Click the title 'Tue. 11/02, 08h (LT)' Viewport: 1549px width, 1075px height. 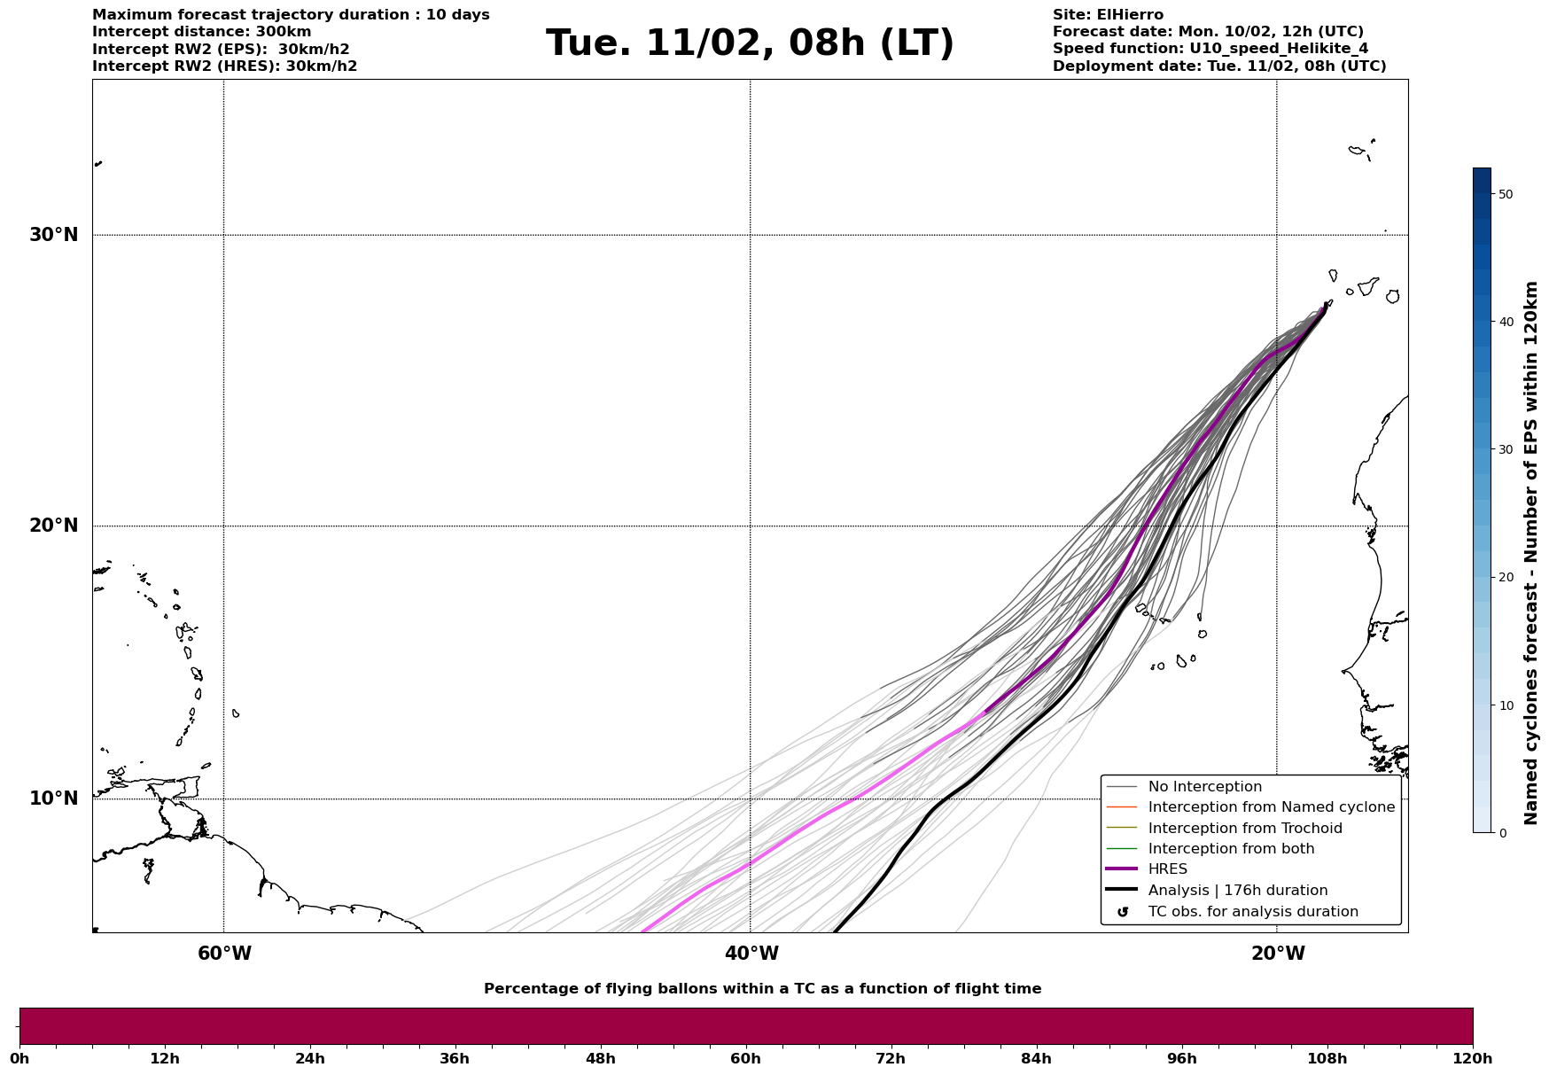coord(750,43)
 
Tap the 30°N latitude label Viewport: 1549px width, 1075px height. coord(54,235)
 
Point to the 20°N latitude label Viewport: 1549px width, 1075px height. coord(54,526)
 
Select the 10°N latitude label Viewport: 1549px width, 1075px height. coord(54,798)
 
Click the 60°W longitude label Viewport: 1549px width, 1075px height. coord(224,954)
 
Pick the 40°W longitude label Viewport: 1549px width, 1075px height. coord(751,954)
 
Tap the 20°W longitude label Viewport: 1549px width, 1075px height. coord(1277,954)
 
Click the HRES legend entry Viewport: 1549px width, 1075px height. coord(1167,869)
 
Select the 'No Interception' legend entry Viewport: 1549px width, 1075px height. coord(1204,787)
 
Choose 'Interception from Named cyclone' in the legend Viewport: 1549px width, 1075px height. coord(1271,807)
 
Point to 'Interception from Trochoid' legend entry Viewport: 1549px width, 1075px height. coord(1244,829)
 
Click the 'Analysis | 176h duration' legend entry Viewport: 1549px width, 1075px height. coord(1237,891)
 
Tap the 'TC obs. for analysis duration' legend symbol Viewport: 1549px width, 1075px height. coord(1123,912)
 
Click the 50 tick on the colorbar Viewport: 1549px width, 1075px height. coord(1506,194)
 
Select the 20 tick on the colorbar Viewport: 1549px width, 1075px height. coord(1506,577)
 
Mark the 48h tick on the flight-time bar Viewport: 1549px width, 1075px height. coord(600,1058)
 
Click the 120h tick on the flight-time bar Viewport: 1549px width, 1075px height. coord(1473,1058)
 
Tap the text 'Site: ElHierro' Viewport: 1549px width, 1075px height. coord(1108,15)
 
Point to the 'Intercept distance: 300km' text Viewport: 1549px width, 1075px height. coord(202,32)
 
